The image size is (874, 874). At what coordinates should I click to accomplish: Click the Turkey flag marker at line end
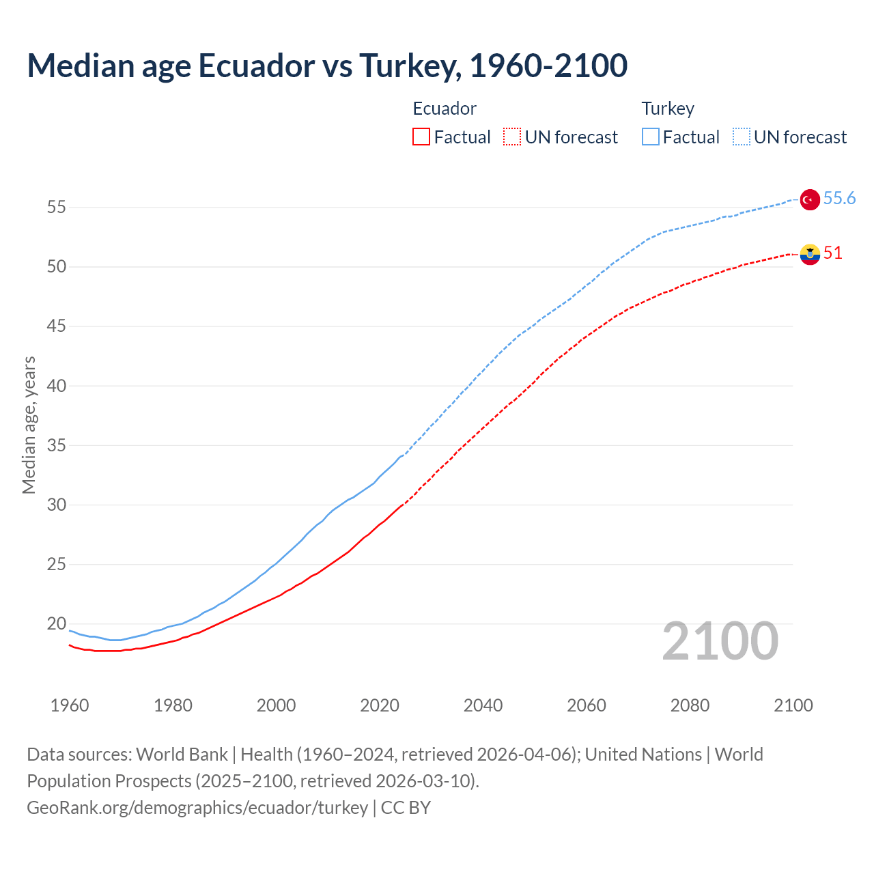coord(809,199)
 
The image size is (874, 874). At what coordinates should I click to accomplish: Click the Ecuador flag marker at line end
coord(809,254)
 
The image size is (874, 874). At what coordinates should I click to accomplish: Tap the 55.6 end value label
coord(839,199)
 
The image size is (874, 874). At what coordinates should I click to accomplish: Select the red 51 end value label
coord(832,253)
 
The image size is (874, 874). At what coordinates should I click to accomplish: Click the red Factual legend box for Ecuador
coord(421,137)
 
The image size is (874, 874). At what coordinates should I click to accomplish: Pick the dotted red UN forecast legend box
coord(512,137)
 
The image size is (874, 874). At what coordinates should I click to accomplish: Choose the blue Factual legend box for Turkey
coord(650,137)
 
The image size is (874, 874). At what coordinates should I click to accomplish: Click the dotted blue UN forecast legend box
coord(741,137)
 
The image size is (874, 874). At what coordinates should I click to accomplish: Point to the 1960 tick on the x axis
coord(70,705)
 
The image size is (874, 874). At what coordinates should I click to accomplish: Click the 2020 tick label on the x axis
coord(380,705)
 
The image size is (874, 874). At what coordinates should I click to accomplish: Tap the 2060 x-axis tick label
coord(587,705)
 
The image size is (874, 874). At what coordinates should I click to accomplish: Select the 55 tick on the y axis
coord(57,208)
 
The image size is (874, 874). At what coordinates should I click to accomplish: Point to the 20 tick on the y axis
coord(57,624)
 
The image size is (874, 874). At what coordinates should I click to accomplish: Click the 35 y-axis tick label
coord(57,446)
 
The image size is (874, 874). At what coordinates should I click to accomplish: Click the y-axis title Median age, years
coord(29,425)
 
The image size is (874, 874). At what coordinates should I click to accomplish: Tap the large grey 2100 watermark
coord(720,641)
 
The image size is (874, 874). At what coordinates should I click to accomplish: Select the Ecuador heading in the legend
coord(445,109)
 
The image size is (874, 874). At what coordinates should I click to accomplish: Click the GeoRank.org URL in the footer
coord(197,808)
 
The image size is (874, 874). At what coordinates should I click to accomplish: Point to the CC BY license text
coord(406,808)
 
